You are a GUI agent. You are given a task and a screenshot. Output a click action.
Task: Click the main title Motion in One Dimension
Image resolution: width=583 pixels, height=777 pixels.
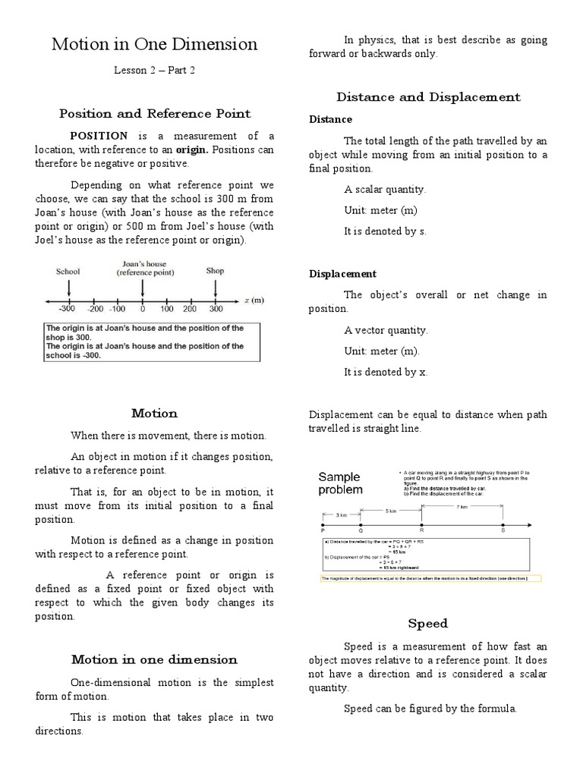(x=154, y=45)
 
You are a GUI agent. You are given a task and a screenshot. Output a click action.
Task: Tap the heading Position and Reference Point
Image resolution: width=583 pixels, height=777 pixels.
(x=154, y=114)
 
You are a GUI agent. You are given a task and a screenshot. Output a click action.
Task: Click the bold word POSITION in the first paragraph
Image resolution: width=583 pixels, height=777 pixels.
(x=101, y=136)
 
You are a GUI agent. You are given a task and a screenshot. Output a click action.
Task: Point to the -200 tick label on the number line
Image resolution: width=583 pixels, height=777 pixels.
(x=94, y=310)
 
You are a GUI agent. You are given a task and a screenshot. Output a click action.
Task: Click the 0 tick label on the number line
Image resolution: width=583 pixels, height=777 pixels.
(x=142, y=310)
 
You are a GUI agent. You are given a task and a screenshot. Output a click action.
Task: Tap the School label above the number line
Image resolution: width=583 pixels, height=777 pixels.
(x=68, y=271)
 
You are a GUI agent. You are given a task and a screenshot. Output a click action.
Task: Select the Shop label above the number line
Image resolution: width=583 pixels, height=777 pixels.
(x=216, y=271)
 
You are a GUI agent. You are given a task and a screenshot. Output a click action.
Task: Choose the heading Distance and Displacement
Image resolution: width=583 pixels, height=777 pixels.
(x=428, y=97)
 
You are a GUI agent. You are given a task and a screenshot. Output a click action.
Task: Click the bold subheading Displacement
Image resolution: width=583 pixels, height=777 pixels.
(x=342, y=274)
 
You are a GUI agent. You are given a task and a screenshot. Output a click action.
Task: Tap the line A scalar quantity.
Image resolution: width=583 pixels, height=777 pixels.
(x=386, y=190)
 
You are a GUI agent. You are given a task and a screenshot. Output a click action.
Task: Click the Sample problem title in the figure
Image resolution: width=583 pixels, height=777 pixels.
(x=340, y=483)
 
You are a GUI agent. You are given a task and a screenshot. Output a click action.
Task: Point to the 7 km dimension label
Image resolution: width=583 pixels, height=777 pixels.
(x=462, y=506)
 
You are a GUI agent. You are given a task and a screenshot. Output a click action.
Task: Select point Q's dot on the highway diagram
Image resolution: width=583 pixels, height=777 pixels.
(x=361, y=524)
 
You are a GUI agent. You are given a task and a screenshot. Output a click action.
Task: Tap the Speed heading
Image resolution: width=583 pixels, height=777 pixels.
(x=428, y=624)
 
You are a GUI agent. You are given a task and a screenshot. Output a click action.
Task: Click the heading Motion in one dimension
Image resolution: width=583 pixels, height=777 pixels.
(x=154, y=659)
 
